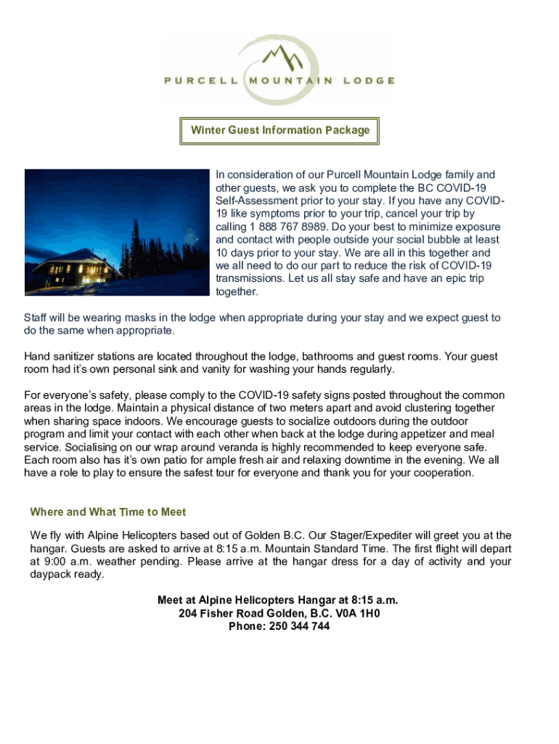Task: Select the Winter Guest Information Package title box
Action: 280,131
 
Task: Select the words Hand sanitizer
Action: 61,357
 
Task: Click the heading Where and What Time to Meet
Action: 108,511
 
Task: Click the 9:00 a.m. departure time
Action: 62,562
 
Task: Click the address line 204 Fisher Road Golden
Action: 279,613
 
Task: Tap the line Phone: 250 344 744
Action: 279,626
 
